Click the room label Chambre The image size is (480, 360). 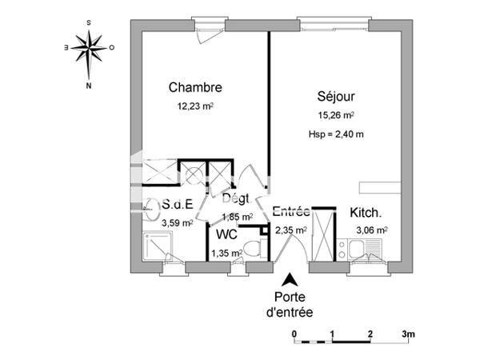[194, 88]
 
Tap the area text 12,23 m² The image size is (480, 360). [194, 105]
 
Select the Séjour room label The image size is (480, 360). [335, 97]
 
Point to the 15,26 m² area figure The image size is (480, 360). [335, 114]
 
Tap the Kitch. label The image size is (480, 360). [366, 214]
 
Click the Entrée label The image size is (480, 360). [291, 212]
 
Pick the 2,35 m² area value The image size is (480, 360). [291, 230]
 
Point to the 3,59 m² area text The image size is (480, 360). [177, 223]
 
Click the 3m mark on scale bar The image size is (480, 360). [408, 333]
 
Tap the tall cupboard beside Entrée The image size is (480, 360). [324, 232]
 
